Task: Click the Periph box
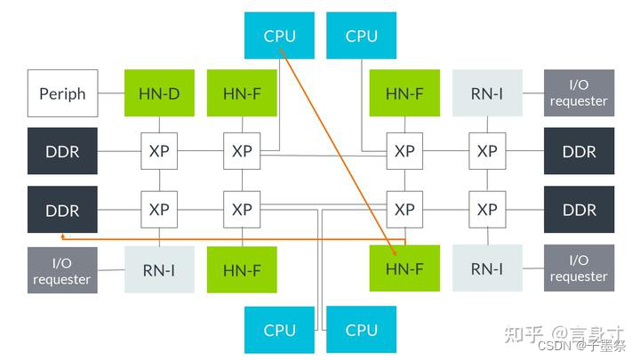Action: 63,93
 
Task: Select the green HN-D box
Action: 159,93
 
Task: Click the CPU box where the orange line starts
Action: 279,36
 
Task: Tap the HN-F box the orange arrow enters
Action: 404,269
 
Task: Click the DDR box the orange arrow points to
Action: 63,211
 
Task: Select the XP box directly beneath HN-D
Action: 159,151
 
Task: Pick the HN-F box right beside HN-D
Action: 242,93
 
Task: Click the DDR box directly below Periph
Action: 63,151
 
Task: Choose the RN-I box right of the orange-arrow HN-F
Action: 487,269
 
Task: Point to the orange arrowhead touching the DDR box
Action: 64,237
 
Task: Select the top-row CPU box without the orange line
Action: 362,36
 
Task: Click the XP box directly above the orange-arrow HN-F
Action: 404,210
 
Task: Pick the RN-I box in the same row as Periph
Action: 487,93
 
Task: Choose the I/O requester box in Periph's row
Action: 579,93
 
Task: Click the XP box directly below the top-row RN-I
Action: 487,151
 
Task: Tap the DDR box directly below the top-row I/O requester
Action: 579,151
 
